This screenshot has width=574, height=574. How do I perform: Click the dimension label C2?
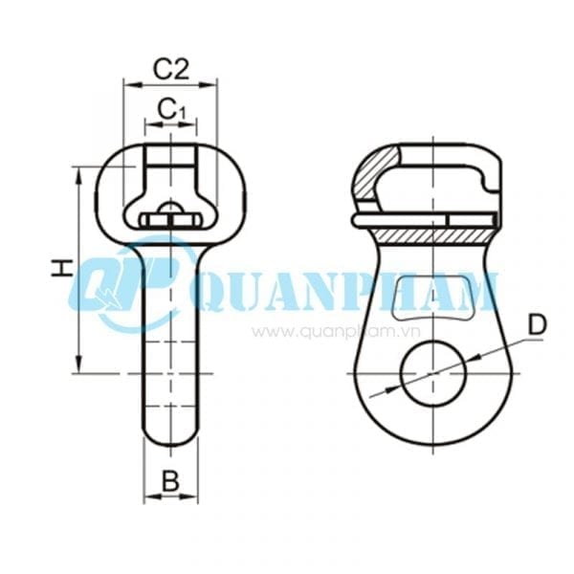[x=170, y=68]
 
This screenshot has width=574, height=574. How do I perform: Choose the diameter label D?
[x=538, y=325]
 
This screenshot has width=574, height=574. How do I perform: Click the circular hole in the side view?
[x=430, y=372]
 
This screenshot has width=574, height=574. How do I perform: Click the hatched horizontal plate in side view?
[x=430, y=232]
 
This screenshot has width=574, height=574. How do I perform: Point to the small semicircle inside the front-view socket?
[x=170, y=209]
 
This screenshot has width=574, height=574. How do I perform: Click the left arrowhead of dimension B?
[x=147, y=497]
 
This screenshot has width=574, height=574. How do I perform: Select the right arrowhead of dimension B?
[x=193, y=497]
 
